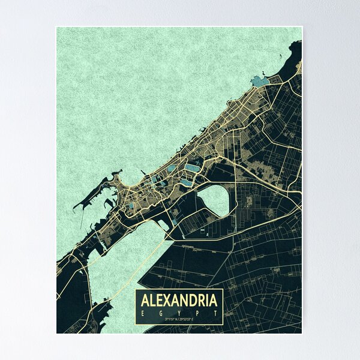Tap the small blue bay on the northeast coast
(x=260, y=82)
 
